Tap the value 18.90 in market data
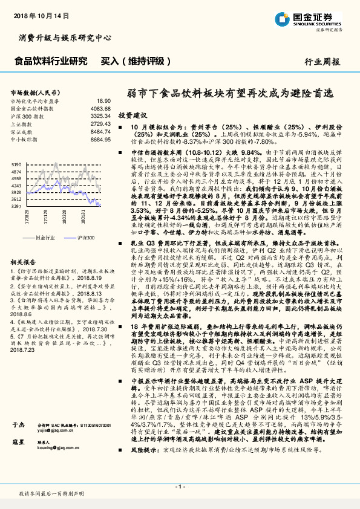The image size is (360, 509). pos(103,101)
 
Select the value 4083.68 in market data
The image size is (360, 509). pos(101,108)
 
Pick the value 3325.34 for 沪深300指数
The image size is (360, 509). pos(101,115)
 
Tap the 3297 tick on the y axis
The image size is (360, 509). pos(16,206)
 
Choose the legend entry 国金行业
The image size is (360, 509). pos(44,239)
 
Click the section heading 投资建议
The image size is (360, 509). pos(133,115)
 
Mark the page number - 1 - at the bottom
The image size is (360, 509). pos(180,486)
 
